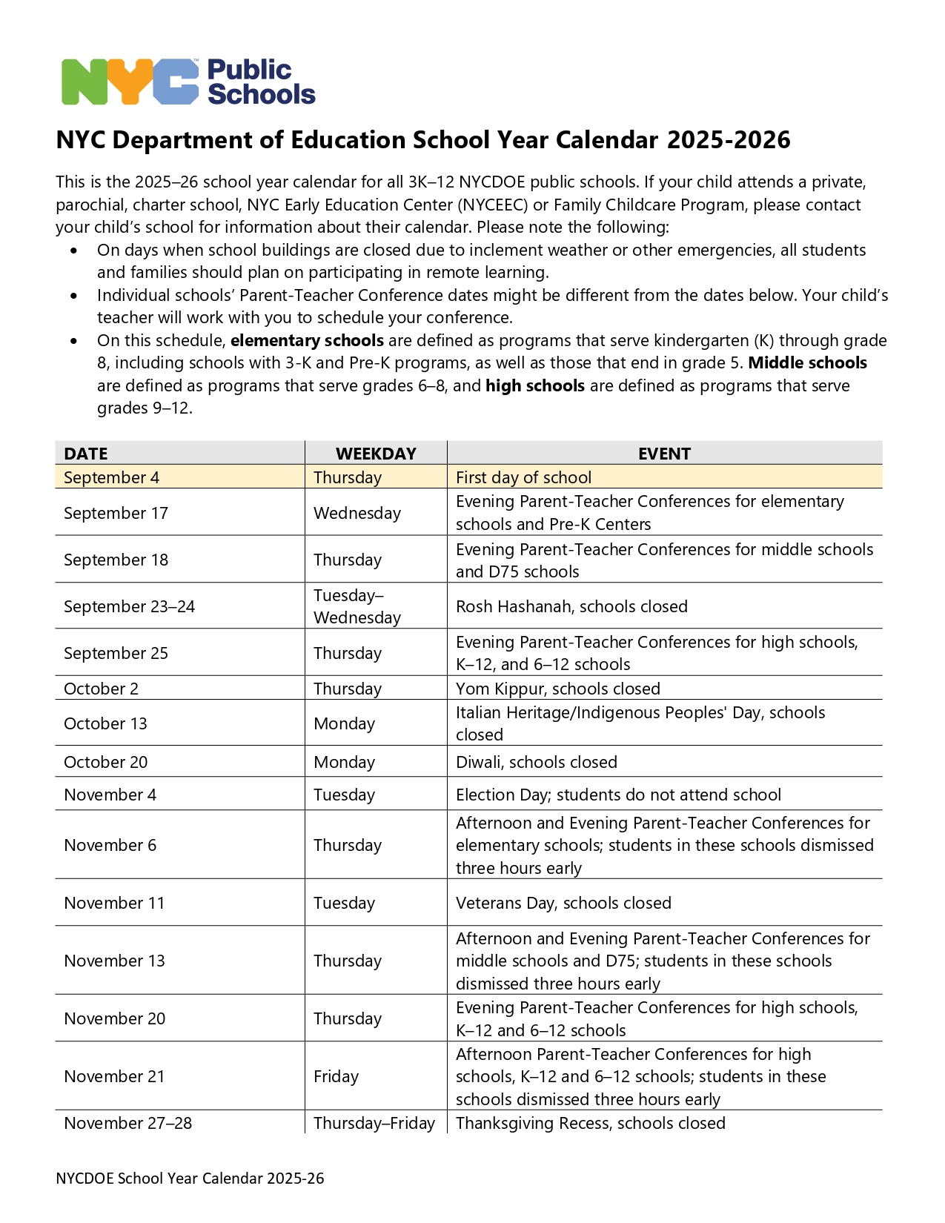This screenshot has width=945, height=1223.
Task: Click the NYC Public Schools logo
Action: click(188, 82)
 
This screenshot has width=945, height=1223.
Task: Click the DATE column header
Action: click(86, 454)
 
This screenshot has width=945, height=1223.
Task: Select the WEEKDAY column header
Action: click(376, 454)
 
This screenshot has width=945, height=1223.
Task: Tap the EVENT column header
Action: click(664, 454)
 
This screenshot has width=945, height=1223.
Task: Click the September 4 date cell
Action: click(112, 477)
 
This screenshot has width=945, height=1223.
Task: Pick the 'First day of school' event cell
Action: click(523, 477)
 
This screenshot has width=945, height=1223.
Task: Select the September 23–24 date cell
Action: click(129, 606)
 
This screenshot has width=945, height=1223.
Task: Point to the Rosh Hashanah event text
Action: click(571, 606)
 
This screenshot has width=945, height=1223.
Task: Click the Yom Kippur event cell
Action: click(557, 689)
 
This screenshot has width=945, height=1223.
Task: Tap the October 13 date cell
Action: click(105, 723)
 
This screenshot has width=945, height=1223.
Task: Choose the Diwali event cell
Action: click(536, 762)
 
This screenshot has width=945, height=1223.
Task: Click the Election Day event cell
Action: click(618, 795)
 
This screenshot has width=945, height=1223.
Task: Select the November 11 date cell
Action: click(114, 903)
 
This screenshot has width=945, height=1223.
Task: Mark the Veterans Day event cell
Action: click(563, 903)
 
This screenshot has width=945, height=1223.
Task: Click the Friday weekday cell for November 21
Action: click(336, 1076)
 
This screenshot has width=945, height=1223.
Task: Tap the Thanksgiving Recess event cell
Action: click(590, 1123)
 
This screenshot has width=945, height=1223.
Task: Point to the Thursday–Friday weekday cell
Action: click(374, 1123)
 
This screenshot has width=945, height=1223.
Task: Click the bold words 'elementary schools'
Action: click(307, 340)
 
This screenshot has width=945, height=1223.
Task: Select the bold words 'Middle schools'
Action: click(807, 362)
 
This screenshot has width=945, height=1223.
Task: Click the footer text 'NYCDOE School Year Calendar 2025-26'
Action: click(190, 1179)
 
